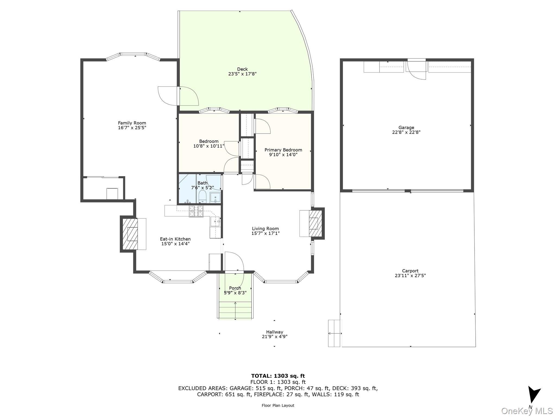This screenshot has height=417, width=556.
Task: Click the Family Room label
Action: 132,123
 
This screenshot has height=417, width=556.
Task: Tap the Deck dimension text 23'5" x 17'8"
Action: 242,74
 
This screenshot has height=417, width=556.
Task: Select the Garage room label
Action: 406,128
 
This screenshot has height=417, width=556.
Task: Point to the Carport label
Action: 410,271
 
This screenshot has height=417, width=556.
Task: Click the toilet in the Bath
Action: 202,196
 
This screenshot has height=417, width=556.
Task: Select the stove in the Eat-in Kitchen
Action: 196,211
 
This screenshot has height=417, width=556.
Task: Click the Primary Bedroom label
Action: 283,150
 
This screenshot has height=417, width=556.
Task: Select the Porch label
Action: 235,288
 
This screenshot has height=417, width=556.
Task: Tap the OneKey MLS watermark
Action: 527,411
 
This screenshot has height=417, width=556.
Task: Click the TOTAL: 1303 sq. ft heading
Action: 278,376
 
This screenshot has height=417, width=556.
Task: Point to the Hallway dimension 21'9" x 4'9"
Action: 274,337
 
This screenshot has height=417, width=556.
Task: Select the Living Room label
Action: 265,229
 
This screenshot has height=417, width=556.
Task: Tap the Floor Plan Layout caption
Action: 278,405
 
